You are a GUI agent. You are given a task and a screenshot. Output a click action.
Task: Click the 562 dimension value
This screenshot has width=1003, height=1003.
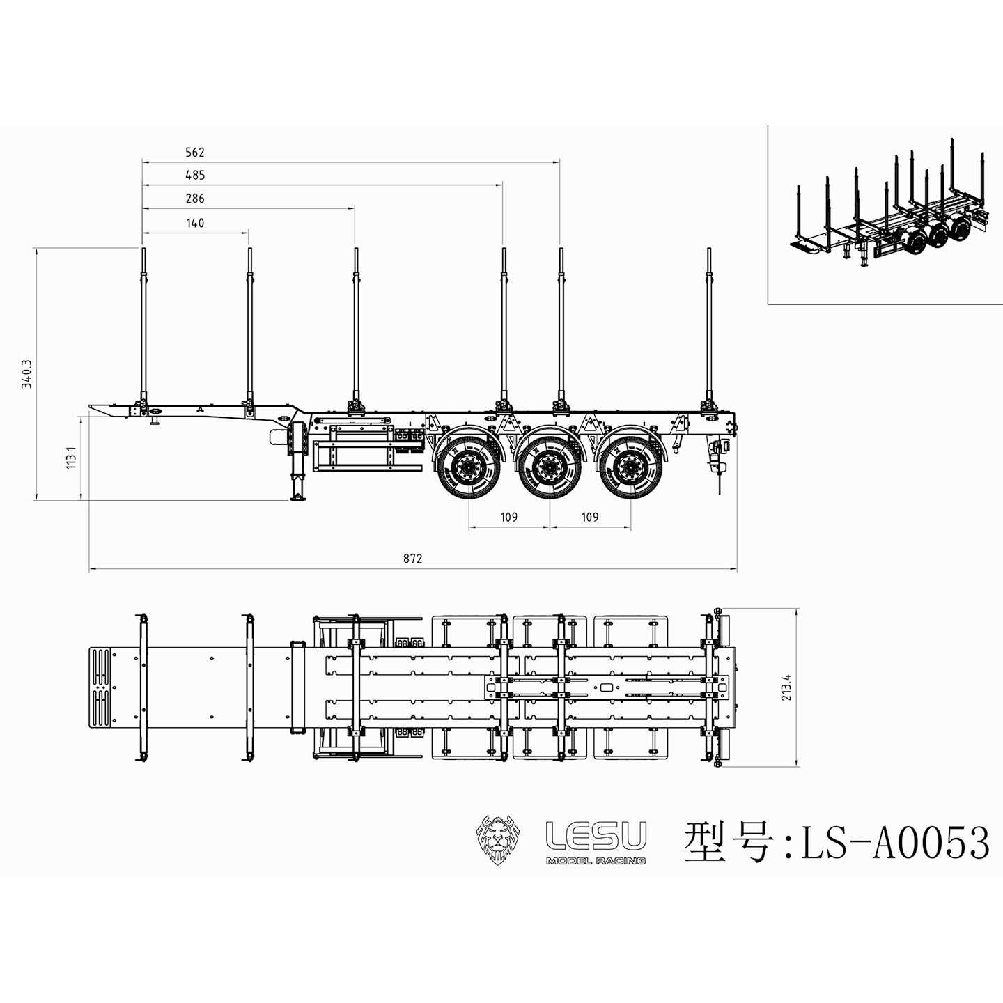point(195,153)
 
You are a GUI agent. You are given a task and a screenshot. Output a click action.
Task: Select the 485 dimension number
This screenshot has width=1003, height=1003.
point(195,176)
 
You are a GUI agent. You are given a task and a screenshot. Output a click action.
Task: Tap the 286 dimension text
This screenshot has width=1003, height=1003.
point(195,199)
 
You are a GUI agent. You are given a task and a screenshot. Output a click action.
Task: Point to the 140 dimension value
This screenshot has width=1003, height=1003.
point(195,223)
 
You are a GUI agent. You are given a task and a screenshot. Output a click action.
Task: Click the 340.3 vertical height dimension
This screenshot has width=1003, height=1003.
point(27,373)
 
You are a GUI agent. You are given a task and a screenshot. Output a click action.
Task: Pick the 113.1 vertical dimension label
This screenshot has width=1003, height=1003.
point(71,458)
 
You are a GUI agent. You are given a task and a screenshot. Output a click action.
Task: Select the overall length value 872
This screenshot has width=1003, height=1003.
point(412,559)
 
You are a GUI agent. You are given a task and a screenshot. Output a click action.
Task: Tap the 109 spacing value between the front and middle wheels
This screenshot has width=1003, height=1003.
point(509,517)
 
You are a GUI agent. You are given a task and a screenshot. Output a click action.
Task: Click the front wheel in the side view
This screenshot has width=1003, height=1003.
point(468,465)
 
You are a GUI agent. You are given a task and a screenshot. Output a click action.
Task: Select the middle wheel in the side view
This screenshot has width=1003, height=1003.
point(550,465)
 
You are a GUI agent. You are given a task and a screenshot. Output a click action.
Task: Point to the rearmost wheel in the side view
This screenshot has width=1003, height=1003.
point(631,465)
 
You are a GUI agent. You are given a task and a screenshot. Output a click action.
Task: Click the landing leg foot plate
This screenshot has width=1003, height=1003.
point(298,497)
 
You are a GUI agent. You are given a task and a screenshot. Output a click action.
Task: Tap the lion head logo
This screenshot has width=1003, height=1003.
point(499,839)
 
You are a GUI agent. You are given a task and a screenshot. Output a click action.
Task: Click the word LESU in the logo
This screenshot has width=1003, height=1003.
point(596,835)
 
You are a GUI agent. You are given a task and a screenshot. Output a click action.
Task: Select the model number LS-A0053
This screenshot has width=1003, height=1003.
point(895,843)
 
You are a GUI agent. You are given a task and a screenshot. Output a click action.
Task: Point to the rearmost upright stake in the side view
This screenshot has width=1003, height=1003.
point(709,327)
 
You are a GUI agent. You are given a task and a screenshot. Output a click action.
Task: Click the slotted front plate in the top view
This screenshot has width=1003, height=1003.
point(102,687)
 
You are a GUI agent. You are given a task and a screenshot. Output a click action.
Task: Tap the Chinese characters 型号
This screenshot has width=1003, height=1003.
point(729,842)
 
